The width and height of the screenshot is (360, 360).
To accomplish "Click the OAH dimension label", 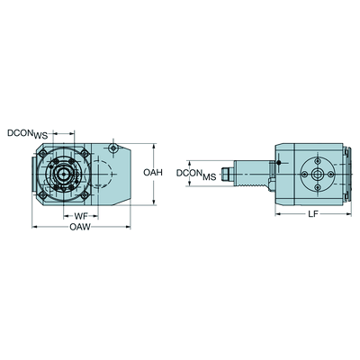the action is (x=153, y=173).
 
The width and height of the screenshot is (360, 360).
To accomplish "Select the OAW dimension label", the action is (x=80, y=227).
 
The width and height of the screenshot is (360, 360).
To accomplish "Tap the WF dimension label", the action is (x=81, y=216).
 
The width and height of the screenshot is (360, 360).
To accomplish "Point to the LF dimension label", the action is (x=313, y=214).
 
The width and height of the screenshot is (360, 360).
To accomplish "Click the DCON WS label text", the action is (x=28, y=134).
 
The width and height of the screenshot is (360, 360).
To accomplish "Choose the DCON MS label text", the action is (x=196, y=175).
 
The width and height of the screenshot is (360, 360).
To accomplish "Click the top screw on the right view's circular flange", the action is (x=318, y=161).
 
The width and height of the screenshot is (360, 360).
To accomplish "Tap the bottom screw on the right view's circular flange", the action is (x=318, y=187).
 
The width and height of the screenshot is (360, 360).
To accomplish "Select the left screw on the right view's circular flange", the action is (x=304, y=174).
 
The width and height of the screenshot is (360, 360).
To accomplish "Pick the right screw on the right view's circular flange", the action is (x=330, y=174).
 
